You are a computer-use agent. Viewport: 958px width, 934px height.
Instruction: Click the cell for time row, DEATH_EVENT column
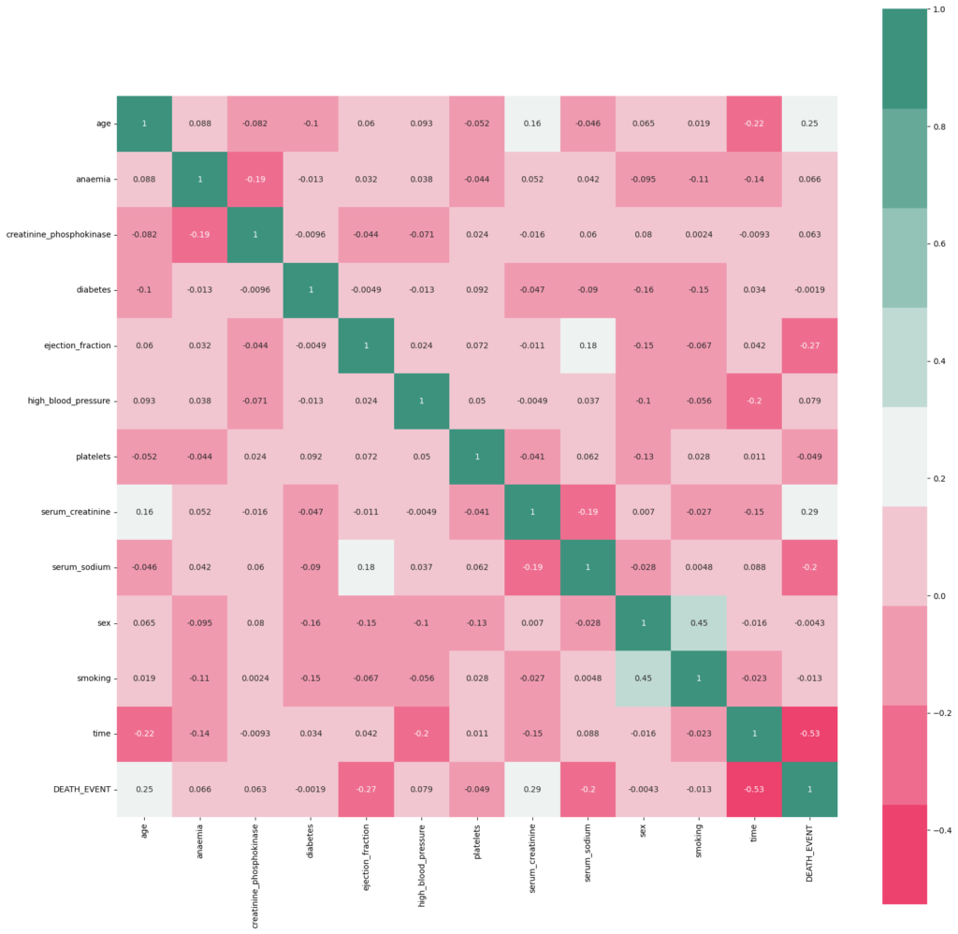tap(809, 734)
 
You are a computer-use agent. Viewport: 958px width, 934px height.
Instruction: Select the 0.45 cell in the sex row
tap(698, 622)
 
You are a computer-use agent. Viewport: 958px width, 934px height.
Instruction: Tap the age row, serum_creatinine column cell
tap(531, 124)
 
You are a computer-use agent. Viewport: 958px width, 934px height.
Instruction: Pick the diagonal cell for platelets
tap(476, 457)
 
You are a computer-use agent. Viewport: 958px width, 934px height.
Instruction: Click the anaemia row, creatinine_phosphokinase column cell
tap(254, 179)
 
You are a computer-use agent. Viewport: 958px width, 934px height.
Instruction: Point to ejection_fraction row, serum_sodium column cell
tap(588, 345)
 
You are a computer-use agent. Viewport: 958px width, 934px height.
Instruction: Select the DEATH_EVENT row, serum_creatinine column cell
tap(531, 789)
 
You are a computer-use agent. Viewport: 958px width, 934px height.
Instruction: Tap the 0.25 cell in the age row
tap(809, 124)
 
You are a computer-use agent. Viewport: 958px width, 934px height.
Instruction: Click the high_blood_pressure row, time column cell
tap(754, 401)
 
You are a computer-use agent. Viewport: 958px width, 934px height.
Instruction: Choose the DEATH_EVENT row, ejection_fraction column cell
tap(366, 789)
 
